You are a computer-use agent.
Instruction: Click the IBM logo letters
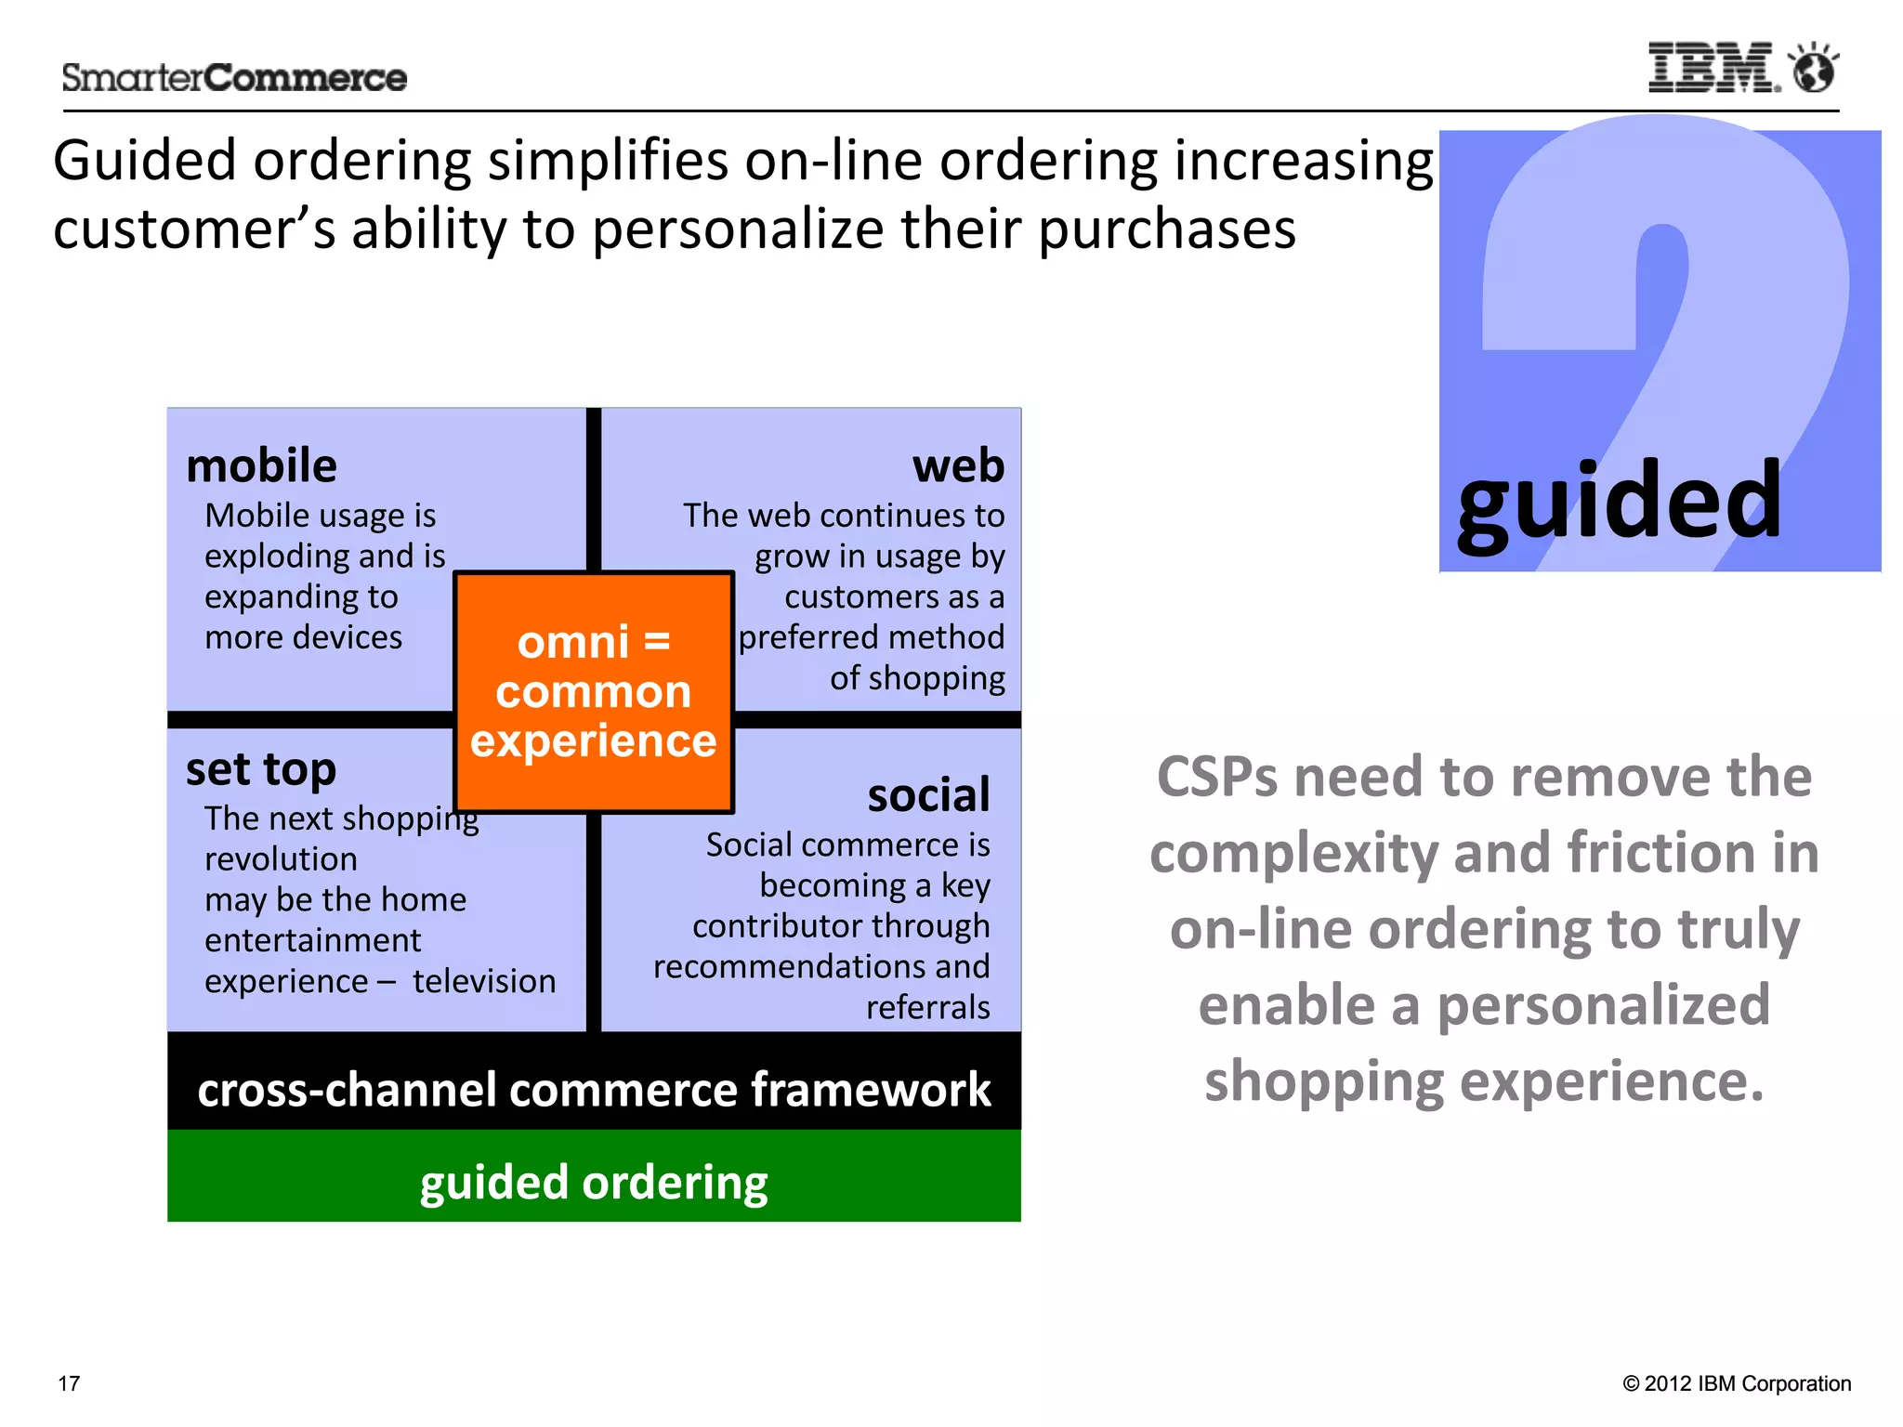click(1713, 68)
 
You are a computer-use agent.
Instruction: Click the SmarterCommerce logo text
click(234, 78)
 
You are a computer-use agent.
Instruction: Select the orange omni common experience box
click(594, 691)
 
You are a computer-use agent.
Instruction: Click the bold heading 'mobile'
click(261, 465)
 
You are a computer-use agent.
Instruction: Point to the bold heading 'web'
click(958, 465)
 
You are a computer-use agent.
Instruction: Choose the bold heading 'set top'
click(261, 769)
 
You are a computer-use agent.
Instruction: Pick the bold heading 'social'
click(928, 795)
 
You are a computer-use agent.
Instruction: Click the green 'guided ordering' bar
click(594, 1182)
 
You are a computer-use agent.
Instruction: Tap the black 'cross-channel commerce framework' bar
click(594, 1089)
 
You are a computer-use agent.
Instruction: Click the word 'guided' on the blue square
click(1619, 504)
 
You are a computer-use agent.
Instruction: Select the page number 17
click(69, 1383)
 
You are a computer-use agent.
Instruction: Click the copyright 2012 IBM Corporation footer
click(1737, 1383)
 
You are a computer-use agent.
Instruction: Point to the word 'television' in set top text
click(484, 981)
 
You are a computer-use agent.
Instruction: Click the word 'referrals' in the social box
click(927, 1007)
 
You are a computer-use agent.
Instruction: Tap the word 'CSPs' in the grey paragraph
click(1218, 777)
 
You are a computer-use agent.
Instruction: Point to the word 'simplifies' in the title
click(609, 161)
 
